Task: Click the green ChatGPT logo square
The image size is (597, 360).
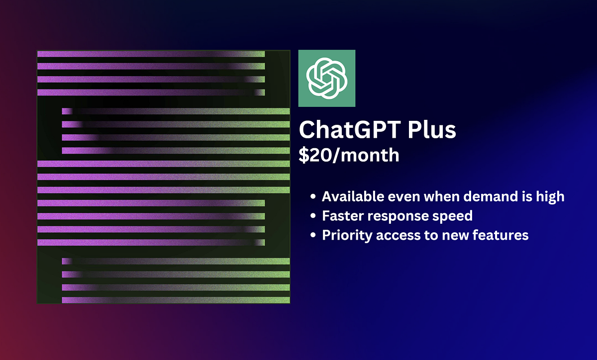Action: point(327,78)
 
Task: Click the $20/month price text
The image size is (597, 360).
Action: point(349,155)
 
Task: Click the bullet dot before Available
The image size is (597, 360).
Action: point(313,197)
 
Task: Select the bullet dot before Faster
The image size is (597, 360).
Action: point(313,216)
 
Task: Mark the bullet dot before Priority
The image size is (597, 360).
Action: point(313,235)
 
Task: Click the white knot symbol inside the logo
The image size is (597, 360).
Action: point(326,78)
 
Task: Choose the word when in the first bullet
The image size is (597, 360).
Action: point(438,196)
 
